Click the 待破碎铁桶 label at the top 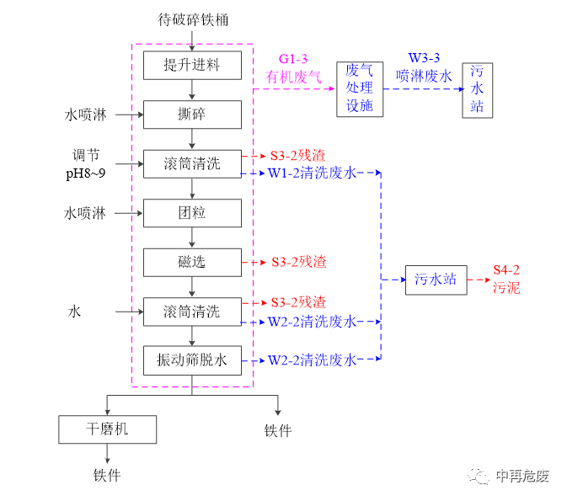tap(193, 19)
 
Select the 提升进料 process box tap(192, 65)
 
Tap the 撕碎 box tap(192, 114)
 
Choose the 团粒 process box tap(192, 213)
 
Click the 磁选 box tap(192, 262)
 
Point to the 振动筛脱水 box tap(192, 360)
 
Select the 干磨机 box tap(107, 429)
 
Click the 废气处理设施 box tap(360, 88)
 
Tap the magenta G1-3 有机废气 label tap(293, 68)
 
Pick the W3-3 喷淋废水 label tap(424, 67)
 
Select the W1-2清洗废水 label tap(312, 173)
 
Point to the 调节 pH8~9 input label tap(92, 163)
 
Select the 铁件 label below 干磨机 tap(107, 476)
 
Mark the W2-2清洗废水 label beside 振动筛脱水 tap(312, 360)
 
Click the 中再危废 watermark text tap(522, 476)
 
